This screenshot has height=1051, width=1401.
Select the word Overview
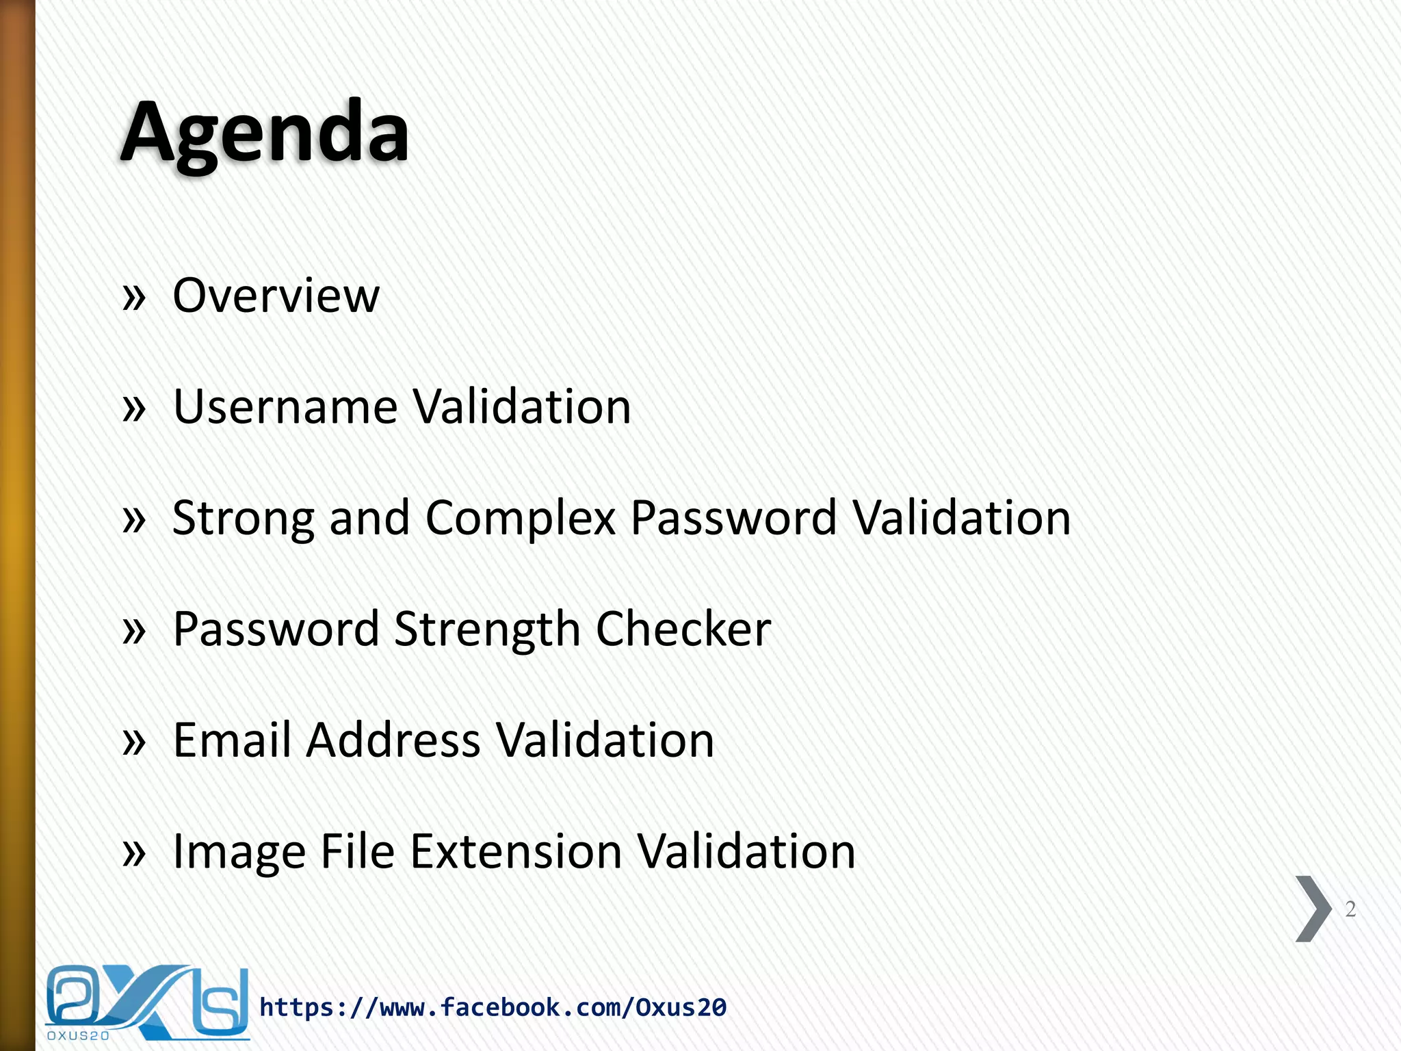(x=276, y=296)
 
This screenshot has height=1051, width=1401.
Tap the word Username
(x=285, y=406)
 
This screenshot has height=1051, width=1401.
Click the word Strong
(x=243, y=519)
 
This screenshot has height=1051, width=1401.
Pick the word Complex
(x=520, y=519)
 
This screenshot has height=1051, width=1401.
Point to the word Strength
(x=487, y=630)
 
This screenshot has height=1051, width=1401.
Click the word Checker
(x=683, y=630)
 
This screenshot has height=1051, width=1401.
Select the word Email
(x=232, y=740)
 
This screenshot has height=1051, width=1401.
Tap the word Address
(x=393, y=740)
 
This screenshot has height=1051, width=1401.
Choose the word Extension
(x=516, y=851)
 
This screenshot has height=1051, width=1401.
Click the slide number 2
(x=1350, y=909)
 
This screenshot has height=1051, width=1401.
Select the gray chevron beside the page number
(x=1313, y=909)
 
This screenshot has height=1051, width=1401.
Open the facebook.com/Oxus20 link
(x=493, y=1007)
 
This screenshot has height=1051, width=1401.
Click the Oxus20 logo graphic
(x=147, y=1002)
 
